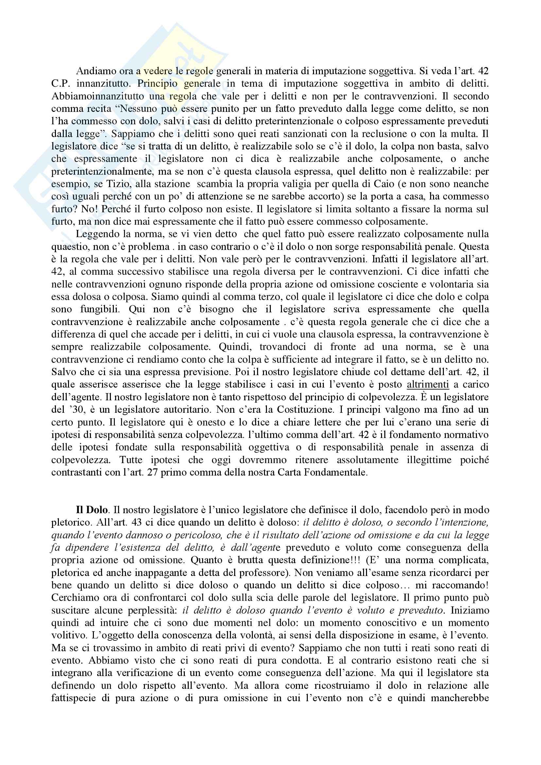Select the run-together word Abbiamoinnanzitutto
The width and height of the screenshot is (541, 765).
pos(98,96)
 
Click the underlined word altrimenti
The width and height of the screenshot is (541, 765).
pos(428,385)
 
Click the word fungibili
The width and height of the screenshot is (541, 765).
pos(100,309)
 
